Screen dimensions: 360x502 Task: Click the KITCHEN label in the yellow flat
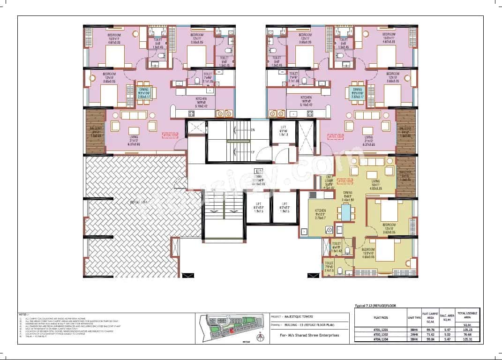(321, 211)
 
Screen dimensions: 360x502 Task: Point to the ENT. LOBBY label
(329, 179)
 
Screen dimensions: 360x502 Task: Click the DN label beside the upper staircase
(253, 129)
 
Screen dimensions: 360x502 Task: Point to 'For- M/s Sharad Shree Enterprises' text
(309, 335)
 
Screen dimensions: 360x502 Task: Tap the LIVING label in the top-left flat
(134, 137)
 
